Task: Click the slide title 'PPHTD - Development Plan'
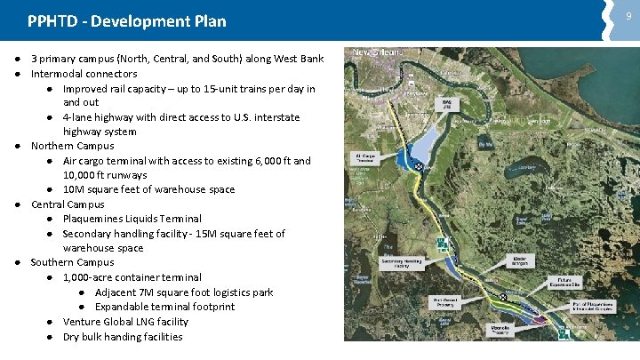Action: coord(127,20)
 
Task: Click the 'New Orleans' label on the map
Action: coord(380,52)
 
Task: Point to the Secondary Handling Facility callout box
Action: coord(399,262)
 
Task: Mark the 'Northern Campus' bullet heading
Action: coord(73,146)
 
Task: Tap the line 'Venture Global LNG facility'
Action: coord(125,322)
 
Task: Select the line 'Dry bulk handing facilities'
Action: coord(123,337)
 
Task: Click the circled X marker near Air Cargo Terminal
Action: coord(420,165)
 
